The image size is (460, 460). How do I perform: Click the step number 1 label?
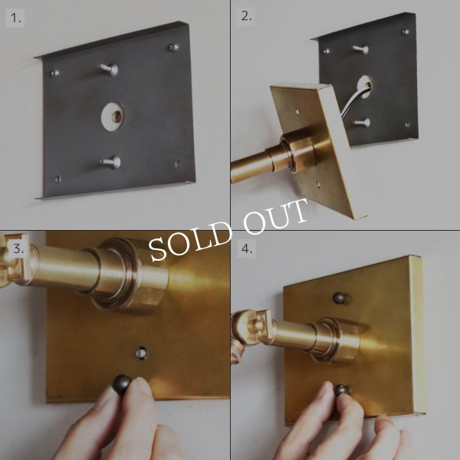pyautogui.click(x=15, y=18)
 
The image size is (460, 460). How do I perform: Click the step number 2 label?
pyautogui.click(x=246, y=16)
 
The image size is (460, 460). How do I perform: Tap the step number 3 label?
pyautogui.click(x=18, y=248)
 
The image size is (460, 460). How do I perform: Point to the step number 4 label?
pyautogui.click(x=246, y=248)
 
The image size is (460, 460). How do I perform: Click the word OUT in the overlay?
pyautogui.click(x=276, y=215)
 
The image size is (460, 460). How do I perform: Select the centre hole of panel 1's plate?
pyautogui.click(x=113, y=117)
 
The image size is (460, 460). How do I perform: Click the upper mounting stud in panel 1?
pyautogui.click(x=109, y=70)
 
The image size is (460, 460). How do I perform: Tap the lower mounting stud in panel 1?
pyautogui.click(x=111, y=162)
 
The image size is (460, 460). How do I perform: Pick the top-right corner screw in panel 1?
pyautogui.click(x=173, y=48)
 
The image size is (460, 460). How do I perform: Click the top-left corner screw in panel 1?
pyautogui.click(x=55, y=73)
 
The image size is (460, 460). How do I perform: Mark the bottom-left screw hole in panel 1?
pyautogui.click(x=58, y=179)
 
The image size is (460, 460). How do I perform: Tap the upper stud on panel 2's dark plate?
pyautogui.click(x=361, y=49)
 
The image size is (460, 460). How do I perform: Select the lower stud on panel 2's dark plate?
pyautogui.click(x=362, y=123)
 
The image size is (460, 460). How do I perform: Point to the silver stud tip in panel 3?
pyautogui.click(x=141, y=353)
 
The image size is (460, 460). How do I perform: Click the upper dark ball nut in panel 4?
pyautogui.click(x=341, y=298)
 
